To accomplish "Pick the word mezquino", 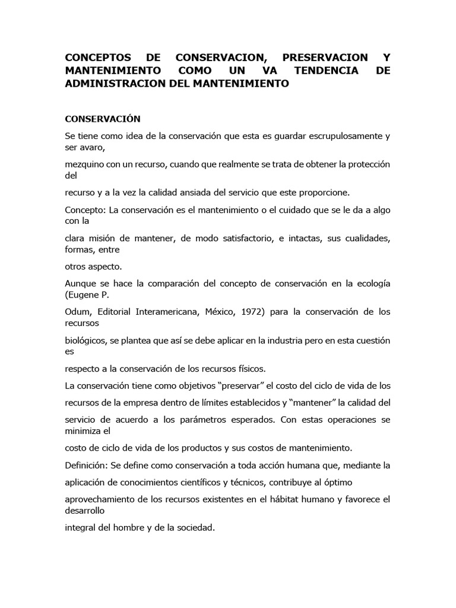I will [85, 164].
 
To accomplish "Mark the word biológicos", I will [87, 340].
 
